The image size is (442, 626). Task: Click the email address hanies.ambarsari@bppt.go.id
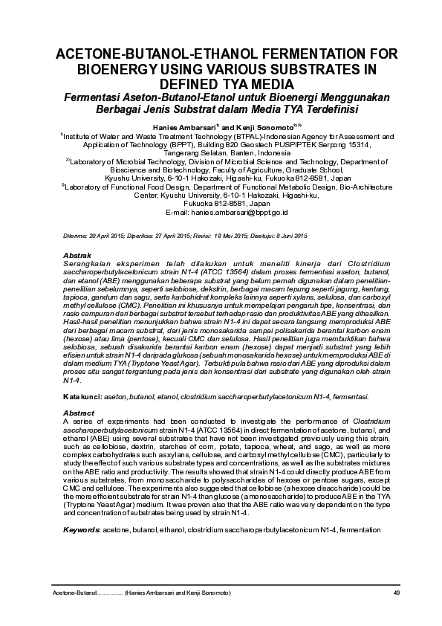coord(239,212)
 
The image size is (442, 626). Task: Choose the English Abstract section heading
coord(79,413)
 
